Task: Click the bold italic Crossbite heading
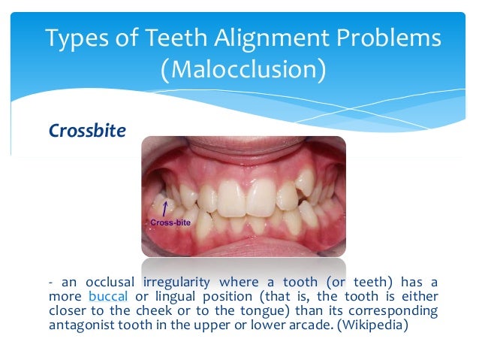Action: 87,130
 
